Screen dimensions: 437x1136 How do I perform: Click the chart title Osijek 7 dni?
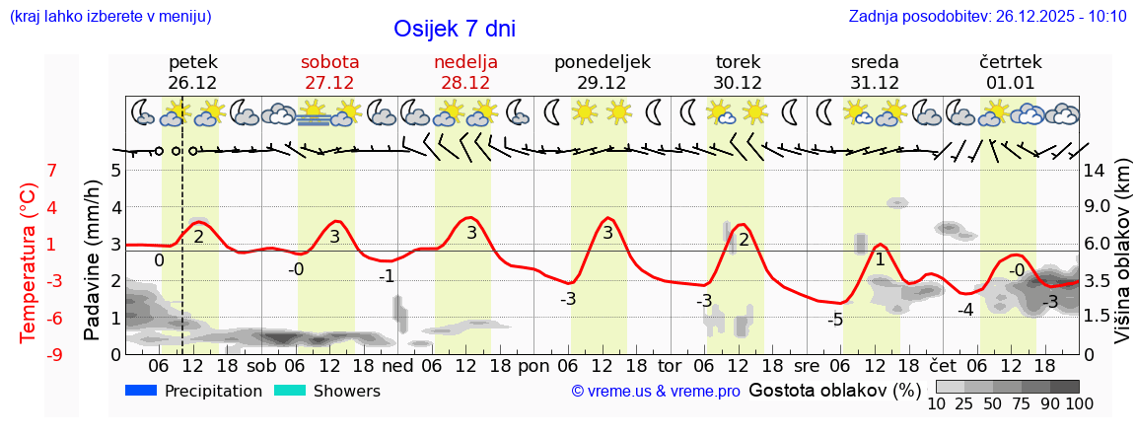[x=454, y=29]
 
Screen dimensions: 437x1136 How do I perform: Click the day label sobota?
[x=329, y=62]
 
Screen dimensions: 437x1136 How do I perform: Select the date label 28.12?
[x=465, y=83]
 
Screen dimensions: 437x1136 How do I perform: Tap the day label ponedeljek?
[x=602, y=62]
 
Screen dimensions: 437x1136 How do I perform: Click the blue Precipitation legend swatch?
[x=141, y=391]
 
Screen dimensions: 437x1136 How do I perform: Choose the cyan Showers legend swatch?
[x=290, y=391]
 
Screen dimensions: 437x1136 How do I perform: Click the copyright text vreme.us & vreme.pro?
[x=655, y=392]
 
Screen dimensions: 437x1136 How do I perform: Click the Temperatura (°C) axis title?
[x=29, y=262]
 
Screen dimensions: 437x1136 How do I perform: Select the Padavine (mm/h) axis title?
[x=93, y=260]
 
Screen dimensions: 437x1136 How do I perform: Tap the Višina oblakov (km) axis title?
[x=1122, y=261]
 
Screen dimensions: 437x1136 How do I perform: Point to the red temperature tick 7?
[x=51, y=171]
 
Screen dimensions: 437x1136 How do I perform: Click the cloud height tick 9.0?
[x=1097, y=207]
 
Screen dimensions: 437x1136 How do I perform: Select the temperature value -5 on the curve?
[x=835, y=320]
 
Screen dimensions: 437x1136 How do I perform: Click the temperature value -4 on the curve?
[x=965, y=310]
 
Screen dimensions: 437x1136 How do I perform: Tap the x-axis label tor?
[x=670, y=365]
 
